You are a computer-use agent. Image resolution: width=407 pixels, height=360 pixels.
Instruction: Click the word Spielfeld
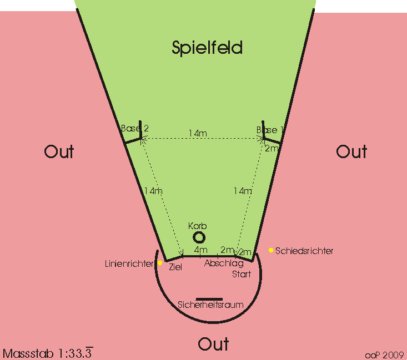point(207,48)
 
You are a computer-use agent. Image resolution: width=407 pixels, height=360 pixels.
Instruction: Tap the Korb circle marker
point(199,237)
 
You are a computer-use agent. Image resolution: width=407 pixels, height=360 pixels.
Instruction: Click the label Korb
point(197,226)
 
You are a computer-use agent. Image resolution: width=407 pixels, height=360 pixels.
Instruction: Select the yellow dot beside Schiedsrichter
point(271,250)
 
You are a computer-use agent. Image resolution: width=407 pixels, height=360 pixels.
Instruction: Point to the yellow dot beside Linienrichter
point(160,263)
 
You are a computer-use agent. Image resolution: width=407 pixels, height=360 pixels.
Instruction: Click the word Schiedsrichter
point(304,251)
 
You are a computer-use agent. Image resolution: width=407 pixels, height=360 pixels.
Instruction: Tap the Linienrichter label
point(129,263)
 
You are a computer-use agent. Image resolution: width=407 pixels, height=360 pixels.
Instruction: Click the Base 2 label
point(134,129)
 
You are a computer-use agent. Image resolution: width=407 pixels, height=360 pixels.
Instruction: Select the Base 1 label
point(270,130)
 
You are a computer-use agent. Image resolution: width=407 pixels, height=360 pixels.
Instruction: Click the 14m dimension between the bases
point(198,133)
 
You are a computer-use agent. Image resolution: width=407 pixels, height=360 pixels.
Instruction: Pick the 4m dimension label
point(200,251)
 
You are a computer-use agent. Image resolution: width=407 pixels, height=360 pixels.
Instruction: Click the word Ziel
point(175,267)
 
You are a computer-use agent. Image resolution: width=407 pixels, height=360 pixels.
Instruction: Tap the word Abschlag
point(224,263)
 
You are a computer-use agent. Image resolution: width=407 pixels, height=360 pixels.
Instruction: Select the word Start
point(241,274)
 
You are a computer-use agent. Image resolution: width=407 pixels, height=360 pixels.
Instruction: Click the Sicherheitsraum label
point(210,305)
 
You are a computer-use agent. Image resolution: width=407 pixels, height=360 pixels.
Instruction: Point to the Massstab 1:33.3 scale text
point(48,353)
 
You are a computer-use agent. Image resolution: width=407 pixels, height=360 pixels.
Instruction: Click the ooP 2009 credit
point(384,354)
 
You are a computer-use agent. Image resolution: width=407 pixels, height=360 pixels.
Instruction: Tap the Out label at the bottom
point(213,344)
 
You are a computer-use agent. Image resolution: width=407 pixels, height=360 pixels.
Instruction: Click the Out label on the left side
point(59,152)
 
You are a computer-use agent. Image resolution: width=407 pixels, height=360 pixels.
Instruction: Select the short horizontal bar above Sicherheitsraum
point(209,298)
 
